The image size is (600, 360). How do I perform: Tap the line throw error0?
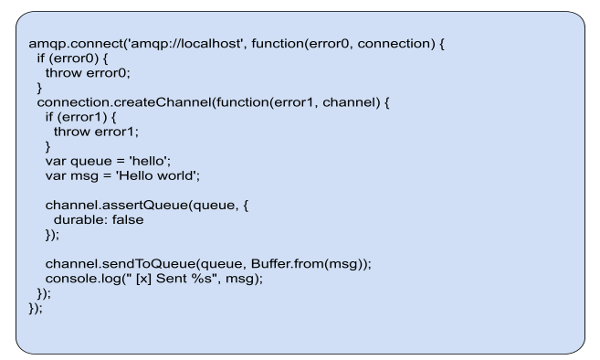point(88,72)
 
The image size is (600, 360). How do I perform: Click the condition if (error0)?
point(56,58)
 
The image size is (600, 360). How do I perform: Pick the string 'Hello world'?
point(159,175)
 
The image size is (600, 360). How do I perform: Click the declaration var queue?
point(77,161)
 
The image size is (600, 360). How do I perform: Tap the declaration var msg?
point(72,175)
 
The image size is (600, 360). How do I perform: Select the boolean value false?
point(127,220)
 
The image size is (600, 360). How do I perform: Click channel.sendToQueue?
point(111,264)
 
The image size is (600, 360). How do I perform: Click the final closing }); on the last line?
point(37,308)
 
